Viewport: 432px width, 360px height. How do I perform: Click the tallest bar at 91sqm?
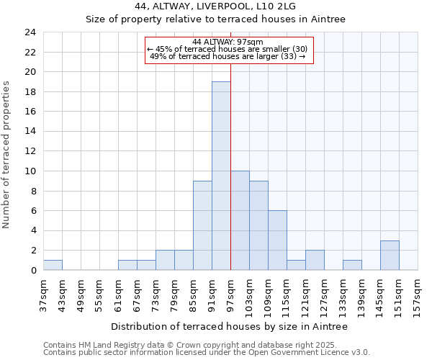tap(221, 176)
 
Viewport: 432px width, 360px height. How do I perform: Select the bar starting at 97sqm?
tap(240, 220)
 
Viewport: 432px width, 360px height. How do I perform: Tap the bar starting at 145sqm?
tap(390, 255)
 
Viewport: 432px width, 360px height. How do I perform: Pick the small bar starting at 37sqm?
tap(53, 265)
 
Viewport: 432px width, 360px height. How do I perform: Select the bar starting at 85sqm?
tap(202, 225)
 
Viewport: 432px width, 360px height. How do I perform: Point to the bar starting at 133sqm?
tap(352, 265)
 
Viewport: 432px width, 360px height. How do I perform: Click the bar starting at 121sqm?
tap(315, 260)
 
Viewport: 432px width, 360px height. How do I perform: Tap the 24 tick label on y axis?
tap(30, 32)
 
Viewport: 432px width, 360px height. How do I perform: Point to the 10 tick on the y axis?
tap(30, 171)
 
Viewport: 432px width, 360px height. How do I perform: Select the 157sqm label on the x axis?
tap(418, 296)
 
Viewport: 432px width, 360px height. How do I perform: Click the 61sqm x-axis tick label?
tap(118, 296)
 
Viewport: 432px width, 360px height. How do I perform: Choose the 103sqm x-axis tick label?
tap(249, 296)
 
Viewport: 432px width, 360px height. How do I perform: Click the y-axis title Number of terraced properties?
tap(7, 155)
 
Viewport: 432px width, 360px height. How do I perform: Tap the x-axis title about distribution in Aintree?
tap(230, 326)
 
